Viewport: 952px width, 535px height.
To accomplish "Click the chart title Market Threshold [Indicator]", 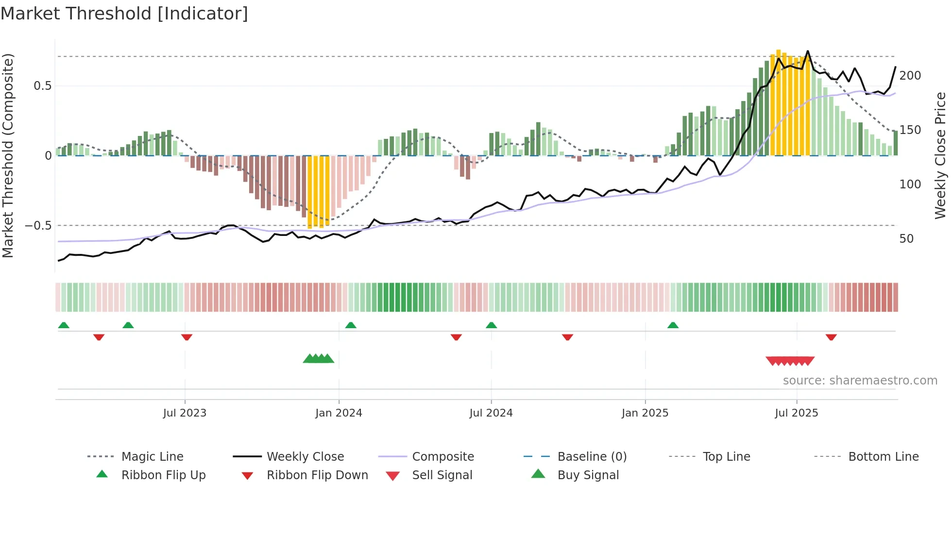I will coord(124,14).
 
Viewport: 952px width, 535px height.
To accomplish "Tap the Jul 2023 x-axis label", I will coord(185,413).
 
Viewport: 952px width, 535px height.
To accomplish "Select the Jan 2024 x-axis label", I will coord(339,413).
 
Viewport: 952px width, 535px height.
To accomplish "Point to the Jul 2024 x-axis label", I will coord(491,413).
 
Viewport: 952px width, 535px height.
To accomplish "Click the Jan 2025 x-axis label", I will coord(645,413).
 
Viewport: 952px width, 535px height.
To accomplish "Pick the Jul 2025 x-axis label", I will coord(797,413).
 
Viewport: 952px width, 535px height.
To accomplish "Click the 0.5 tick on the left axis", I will coord(42,86).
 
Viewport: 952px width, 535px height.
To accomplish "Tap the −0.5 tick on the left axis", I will coord(38,226).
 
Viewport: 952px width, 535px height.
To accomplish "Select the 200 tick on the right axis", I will coord(910,76).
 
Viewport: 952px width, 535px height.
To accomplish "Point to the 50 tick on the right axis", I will coord(906,239).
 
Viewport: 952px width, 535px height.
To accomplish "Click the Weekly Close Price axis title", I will coord(940,155).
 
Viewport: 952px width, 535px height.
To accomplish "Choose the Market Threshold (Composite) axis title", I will coord(8,155).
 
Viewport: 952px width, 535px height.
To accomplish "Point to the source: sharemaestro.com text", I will coord(860,381).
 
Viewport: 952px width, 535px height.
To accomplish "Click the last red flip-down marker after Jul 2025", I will coord(831,337).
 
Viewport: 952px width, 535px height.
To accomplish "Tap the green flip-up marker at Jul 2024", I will coord(491,325).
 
